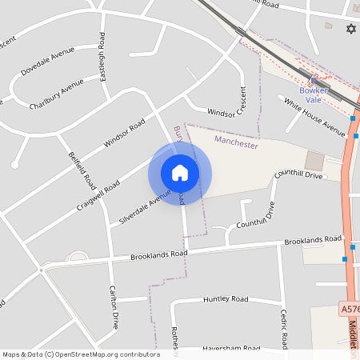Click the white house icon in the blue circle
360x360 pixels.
180,173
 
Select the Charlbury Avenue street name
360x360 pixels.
57,94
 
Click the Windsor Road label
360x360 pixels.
125,134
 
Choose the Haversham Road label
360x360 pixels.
230,349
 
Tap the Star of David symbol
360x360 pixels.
350,30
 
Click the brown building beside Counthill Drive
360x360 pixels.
314,161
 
